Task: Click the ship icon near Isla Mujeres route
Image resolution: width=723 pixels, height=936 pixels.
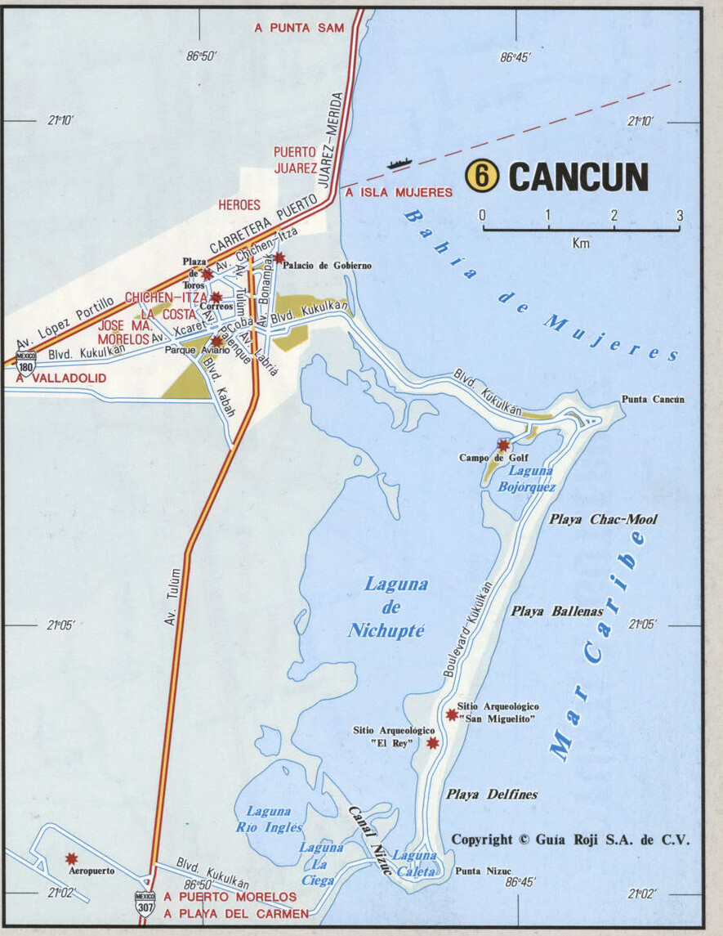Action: click(x=399, y=163)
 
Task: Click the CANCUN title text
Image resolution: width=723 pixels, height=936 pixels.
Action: click(x=578, y=177)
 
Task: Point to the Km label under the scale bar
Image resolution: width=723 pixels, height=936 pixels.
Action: click(x=581, y=243)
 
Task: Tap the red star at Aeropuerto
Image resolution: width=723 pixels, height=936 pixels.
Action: click(x=72, y=858)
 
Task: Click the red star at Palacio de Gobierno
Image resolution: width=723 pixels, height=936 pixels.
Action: click(x=279, y=258)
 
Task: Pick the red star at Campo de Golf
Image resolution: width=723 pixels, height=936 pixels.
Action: click(x=503, y=445)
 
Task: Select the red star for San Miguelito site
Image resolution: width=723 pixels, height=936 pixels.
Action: click(x=452, y=714)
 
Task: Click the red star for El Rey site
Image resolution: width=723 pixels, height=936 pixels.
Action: click(x=433, y=742)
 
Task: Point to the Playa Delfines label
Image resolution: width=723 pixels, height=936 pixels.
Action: click(x=492, y=794)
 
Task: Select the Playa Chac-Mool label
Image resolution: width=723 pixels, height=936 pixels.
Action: click(x=603, y=519)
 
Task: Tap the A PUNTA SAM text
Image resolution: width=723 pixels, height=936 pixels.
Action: click(x=299, y=28)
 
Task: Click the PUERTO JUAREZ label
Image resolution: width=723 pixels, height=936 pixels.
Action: click(x=295, y=159)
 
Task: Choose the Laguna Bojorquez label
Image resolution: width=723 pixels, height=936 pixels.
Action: click(x=528, y=479)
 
